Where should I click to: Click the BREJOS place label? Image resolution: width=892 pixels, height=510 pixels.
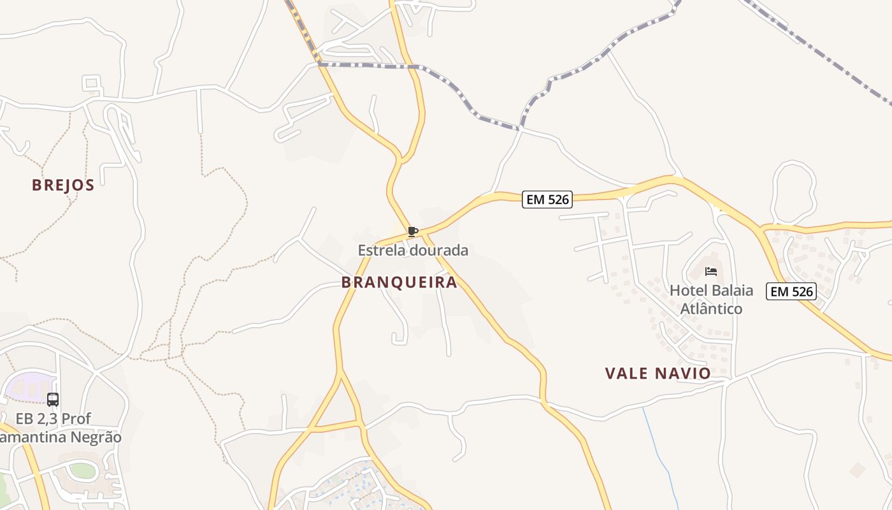pos(63,186)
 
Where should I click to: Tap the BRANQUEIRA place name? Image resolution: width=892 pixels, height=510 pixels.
pos(399,282)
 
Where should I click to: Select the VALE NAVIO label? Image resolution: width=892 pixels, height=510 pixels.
pos(658,374)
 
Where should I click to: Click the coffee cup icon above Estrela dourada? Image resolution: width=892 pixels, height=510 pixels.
pos(413,231)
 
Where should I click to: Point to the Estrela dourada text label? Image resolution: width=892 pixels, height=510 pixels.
pos(413,251)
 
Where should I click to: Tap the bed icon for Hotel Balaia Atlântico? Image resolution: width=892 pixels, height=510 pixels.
pos(711,272)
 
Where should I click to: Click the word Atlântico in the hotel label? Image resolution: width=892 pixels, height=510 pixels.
pos(712,309)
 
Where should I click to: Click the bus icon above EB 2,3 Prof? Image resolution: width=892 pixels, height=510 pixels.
pos(53,400)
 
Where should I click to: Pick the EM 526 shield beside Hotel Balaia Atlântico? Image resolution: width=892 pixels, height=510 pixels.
pos(791,291)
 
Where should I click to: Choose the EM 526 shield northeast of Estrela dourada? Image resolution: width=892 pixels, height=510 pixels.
pos(547,200)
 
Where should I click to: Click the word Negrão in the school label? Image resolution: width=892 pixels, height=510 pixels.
pos(95,437)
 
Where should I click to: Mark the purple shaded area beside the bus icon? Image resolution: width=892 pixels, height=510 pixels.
pos(29,387)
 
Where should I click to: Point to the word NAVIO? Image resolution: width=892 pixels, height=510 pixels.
pos(684,374)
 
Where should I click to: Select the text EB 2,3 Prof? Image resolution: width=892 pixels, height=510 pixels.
pos(54,419)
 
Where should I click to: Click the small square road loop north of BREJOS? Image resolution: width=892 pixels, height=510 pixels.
pos(92,83)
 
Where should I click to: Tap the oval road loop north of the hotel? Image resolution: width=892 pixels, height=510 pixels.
pos(794,191)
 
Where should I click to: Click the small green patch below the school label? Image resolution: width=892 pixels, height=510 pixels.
pos(82,471)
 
